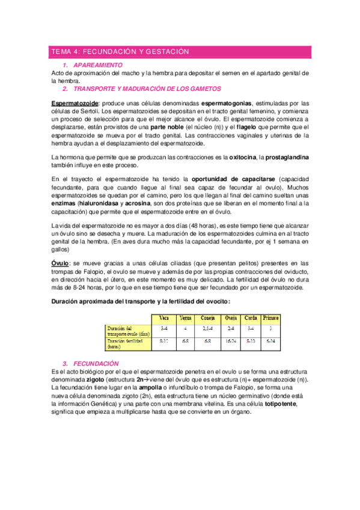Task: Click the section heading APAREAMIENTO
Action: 97,65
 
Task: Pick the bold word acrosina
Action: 140,204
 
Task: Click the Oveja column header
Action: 230,318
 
